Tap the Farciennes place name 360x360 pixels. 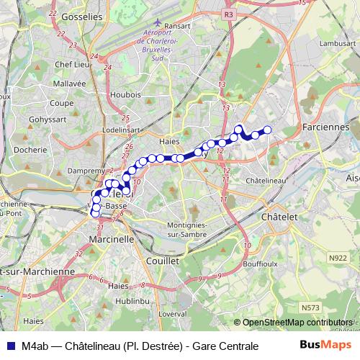[325, 127]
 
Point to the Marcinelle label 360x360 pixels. [111, 238]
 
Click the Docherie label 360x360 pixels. [30, 150]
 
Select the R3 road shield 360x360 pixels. [228, 14]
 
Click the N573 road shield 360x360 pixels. [311, 307]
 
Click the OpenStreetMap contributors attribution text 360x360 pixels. [298, 323]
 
